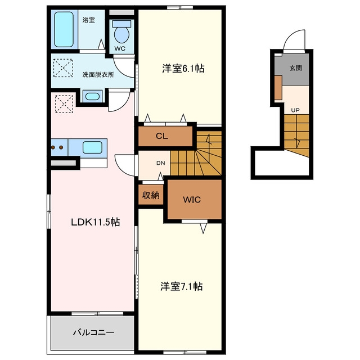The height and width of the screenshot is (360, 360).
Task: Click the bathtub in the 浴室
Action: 64,29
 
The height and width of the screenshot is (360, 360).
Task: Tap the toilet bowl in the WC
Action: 121,34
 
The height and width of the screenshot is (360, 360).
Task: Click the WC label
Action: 120,48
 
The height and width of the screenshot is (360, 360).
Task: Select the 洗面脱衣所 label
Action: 98,75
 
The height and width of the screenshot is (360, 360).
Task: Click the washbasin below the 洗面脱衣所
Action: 92,96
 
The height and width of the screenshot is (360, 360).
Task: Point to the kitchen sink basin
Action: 92,147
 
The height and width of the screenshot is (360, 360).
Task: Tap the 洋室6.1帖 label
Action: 183,69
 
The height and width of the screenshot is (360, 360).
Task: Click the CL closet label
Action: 162,136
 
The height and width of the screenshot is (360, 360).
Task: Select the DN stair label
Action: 161,163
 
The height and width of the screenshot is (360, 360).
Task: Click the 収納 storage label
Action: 151,195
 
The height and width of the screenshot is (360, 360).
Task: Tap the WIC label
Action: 192,200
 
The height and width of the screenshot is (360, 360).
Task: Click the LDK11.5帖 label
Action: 96,222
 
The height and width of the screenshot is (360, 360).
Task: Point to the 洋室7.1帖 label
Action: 181,286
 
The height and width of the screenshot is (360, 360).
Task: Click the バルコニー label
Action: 93,332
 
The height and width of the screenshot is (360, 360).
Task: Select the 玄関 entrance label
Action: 295,68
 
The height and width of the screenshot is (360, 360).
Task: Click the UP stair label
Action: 295,110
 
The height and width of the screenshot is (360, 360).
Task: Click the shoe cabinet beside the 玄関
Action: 278,88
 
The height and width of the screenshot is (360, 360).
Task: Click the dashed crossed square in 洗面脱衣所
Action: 63,68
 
